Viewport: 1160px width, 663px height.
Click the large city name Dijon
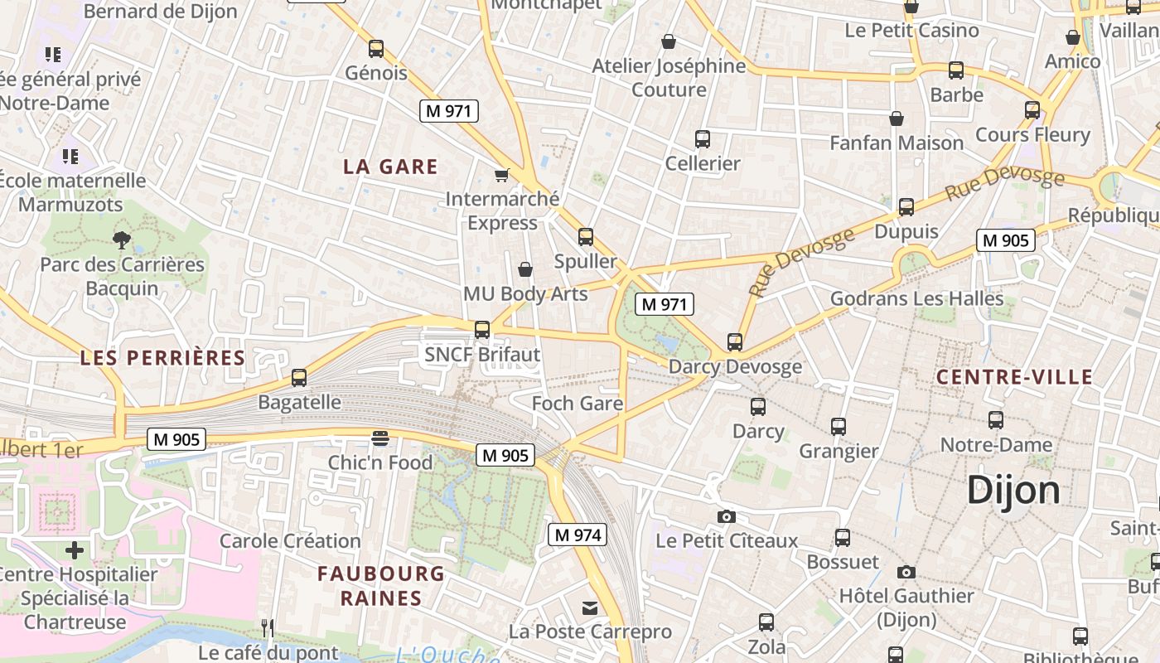click(1013, 490)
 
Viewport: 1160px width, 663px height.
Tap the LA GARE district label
click(390, 167)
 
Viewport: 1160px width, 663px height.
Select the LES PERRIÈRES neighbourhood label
click(162, 358)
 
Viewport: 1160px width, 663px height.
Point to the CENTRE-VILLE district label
click(1014, 377)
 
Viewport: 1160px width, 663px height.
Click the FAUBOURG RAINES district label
click(381, 585)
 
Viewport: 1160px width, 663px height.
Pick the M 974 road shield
click(578, 535)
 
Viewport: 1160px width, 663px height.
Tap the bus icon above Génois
click(376, 49)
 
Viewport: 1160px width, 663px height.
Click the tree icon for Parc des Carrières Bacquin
click(122, 240)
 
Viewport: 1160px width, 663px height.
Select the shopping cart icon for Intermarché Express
click(501, 174)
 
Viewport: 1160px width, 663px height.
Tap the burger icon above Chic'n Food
click(380, 438)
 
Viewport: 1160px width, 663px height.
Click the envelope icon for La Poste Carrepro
click(590, 608)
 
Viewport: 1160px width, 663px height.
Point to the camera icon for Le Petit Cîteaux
click(726, 517)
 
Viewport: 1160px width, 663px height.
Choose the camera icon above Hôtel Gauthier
click(906, 572)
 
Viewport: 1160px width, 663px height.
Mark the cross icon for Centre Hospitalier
click(75, 549)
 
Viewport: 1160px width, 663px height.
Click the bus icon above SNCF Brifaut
click(482, 330)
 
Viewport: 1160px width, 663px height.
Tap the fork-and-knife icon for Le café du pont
click(268, 628)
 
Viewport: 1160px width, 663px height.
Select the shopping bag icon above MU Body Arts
click(525, 269)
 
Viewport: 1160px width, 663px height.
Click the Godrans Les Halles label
click(916, 298)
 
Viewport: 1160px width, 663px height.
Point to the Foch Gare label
click(577, 404)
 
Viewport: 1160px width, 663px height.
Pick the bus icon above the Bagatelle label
click(299, 378)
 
